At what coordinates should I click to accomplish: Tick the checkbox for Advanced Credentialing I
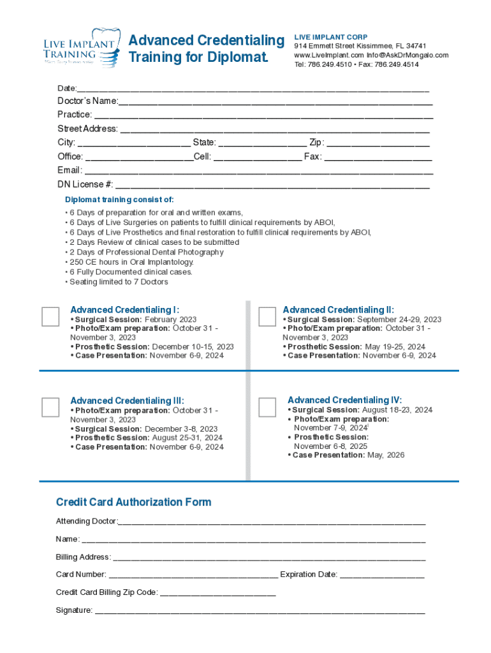click(x=50, y=316)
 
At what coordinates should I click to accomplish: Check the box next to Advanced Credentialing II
click(x=267, y=316)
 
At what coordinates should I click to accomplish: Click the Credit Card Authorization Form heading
click(x=133, y=503)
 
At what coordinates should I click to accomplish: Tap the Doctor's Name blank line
click(x=275, y=102)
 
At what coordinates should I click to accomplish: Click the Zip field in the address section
click(x=379, y=143)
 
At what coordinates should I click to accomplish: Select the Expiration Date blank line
click(x=382, y=575)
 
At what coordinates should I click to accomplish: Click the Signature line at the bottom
click(x=260, y=612)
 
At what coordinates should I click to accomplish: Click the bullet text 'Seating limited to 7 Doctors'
click(x=119, y=282)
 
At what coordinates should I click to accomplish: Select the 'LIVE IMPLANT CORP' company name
click(x=330, y=37)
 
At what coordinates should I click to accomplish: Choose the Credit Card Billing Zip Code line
click(x=217, y=593)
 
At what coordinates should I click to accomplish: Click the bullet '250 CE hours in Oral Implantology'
click(x=131, y=262)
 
